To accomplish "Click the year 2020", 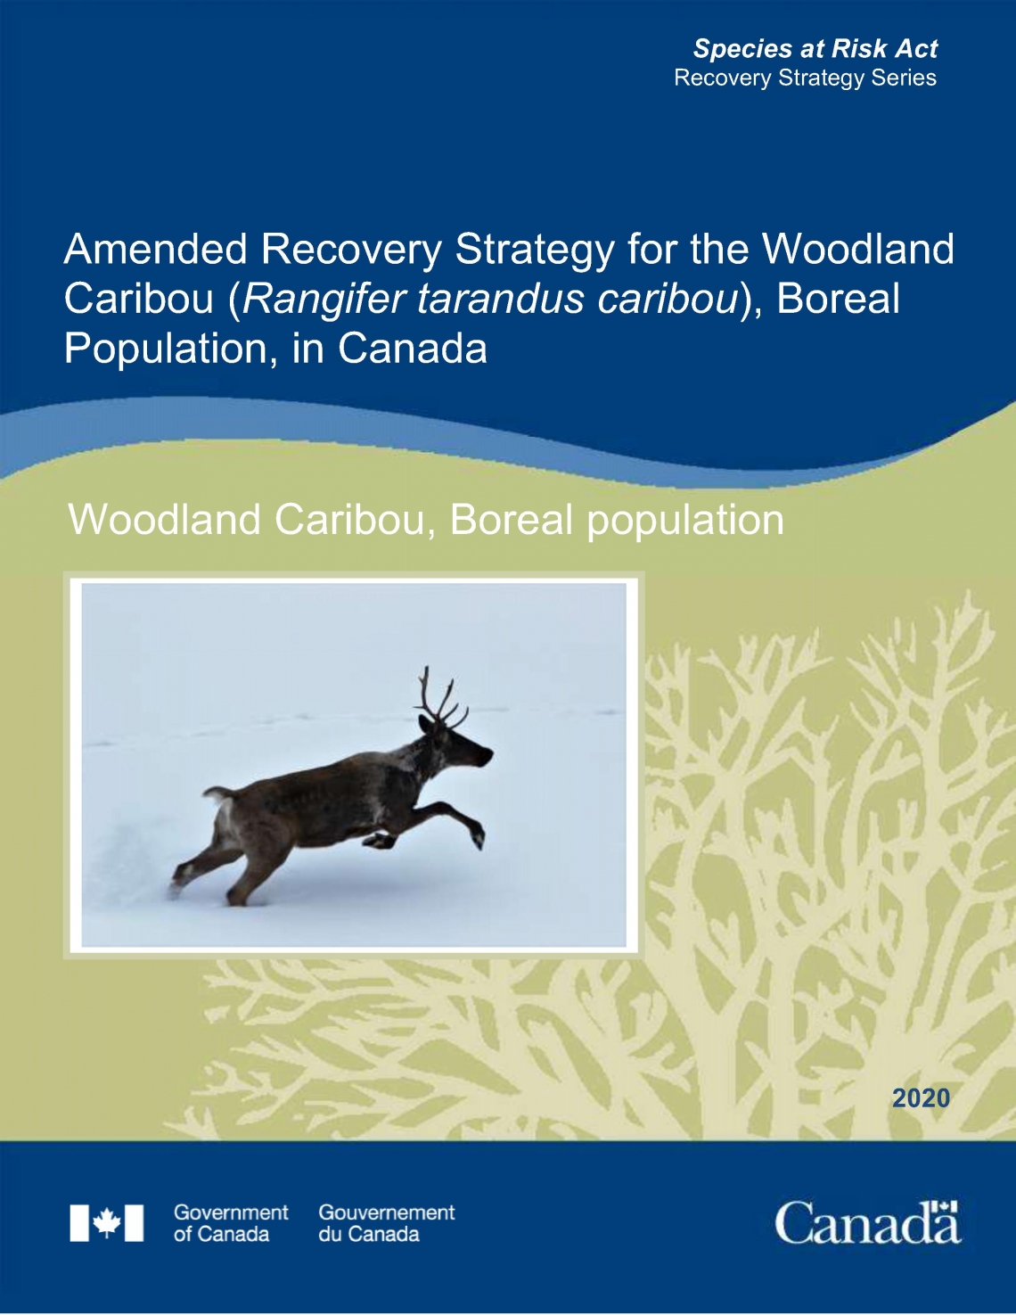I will pos(921,1097).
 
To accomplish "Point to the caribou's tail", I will pos(217,793).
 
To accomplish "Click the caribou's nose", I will pos(488,756).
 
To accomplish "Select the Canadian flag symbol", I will pos(107,1222).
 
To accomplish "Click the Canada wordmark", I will pos(867,1223).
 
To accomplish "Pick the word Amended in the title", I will pos(156,250).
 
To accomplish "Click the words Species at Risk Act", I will pos(815,48).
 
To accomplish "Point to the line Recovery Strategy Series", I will pos(805,78).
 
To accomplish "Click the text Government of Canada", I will pos(230,1223).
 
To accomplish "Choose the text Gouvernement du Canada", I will pos(386,1223).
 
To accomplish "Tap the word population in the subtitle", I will pos(684,520).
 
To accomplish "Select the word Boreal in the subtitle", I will pos(511,520).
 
